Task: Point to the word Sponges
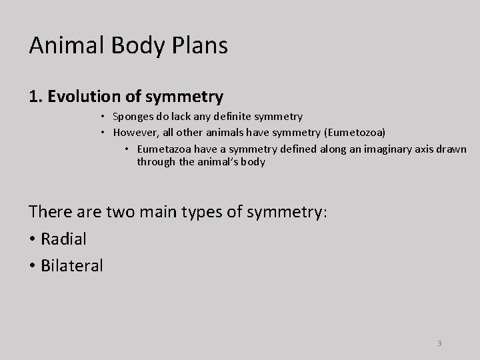coord(133,117)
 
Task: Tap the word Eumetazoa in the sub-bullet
coord(163,148)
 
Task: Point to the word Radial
coord(64,238)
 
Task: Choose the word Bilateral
coord(72,265)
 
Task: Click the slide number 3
coord(439,343)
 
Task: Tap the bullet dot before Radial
coord(33,239)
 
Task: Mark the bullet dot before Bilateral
coord(33,266)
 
